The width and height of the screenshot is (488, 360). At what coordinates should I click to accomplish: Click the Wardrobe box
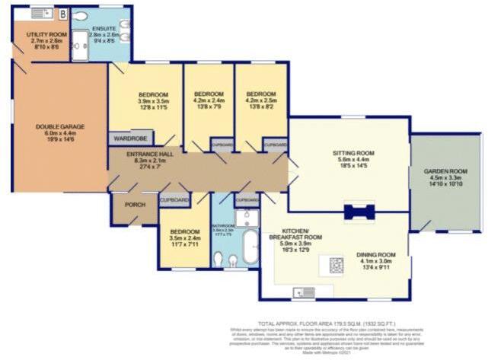(131, 139)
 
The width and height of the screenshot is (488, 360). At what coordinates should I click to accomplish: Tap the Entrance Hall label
(144, 161)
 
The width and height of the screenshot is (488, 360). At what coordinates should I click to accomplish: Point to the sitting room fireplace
(358, 212)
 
